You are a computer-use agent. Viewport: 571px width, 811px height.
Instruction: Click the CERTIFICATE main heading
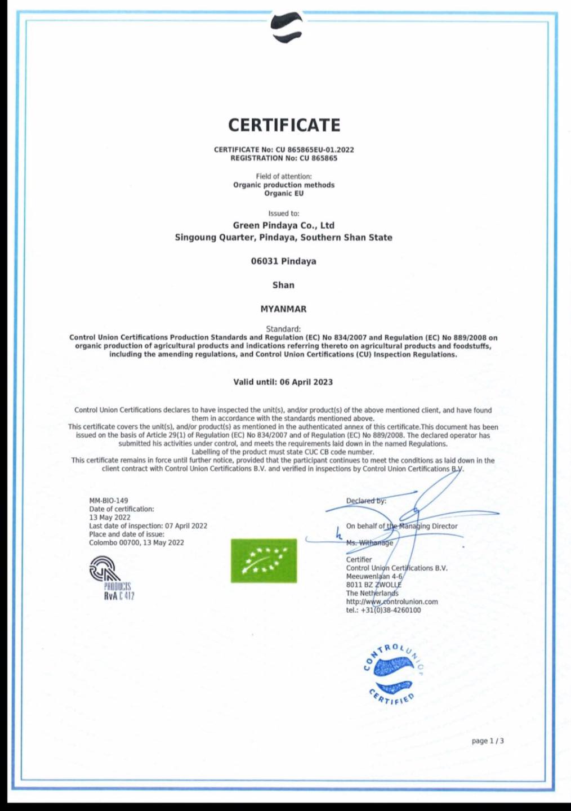(284, 125)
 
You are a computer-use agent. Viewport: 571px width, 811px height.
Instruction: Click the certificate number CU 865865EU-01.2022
(314, 150)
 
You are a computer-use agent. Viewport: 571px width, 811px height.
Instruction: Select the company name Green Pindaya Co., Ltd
(284, 225)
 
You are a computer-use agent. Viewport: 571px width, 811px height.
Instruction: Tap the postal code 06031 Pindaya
(284, 261)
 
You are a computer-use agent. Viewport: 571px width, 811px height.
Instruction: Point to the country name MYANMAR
(284, 309)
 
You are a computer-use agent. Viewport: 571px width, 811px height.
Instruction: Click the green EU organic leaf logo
(264, 560)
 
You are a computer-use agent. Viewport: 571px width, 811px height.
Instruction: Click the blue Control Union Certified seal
(394, 674)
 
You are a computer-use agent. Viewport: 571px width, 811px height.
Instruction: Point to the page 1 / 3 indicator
(488, 741)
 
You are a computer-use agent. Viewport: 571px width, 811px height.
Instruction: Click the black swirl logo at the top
(287, 27)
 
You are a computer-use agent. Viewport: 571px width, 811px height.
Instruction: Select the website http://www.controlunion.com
(392, 601)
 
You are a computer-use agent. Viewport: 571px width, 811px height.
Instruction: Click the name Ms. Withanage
(370, 543)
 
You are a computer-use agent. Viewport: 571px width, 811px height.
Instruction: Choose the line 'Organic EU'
(284, 193)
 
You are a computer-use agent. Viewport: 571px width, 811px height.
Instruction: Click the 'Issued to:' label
(284, 213)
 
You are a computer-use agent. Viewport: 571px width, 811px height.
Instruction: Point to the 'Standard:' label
(283, 329)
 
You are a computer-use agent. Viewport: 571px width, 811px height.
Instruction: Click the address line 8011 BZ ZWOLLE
(374, 585)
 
